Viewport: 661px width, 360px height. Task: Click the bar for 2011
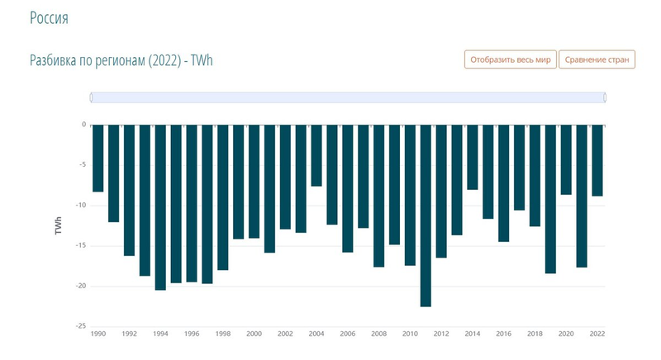point(426,216)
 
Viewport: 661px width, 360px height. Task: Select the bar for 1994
point(160,207)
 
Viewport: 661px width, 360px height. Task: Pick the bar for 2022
point(597,160)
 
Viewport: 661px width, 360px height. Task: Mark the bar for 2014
point(473,157)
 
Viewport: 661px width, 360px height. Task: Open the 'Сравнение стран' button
point(597,59)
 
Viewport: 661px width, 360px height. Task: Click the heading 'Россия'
point(49,18)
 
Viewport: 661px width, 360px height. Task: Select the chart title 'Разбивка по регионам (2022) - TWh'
point(121,61)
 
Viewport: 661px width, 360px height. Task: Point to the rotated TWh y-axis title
point(59,225)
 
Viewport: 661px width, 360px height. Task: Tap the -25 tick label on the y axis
point(79,326)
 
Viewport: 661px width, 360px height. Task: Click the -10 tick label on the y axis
point(79,206)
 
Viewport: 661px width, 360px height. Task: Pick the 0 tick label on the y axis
point(83,126)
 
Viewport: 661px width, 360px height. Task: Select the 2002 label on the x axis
point(285,334)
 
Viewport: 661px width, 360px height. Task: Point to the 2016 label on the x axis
point(503,334)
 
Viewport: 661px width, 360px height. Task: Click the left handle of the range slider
point(91,97)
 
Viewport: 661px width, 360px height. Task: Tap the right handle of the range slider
point(605,97)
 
